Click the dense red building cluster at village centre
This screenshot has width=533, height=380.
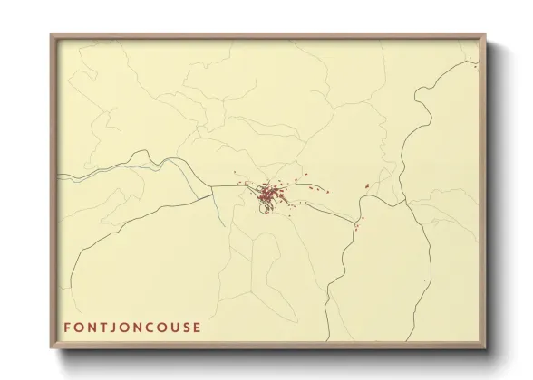coord(268,193)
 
